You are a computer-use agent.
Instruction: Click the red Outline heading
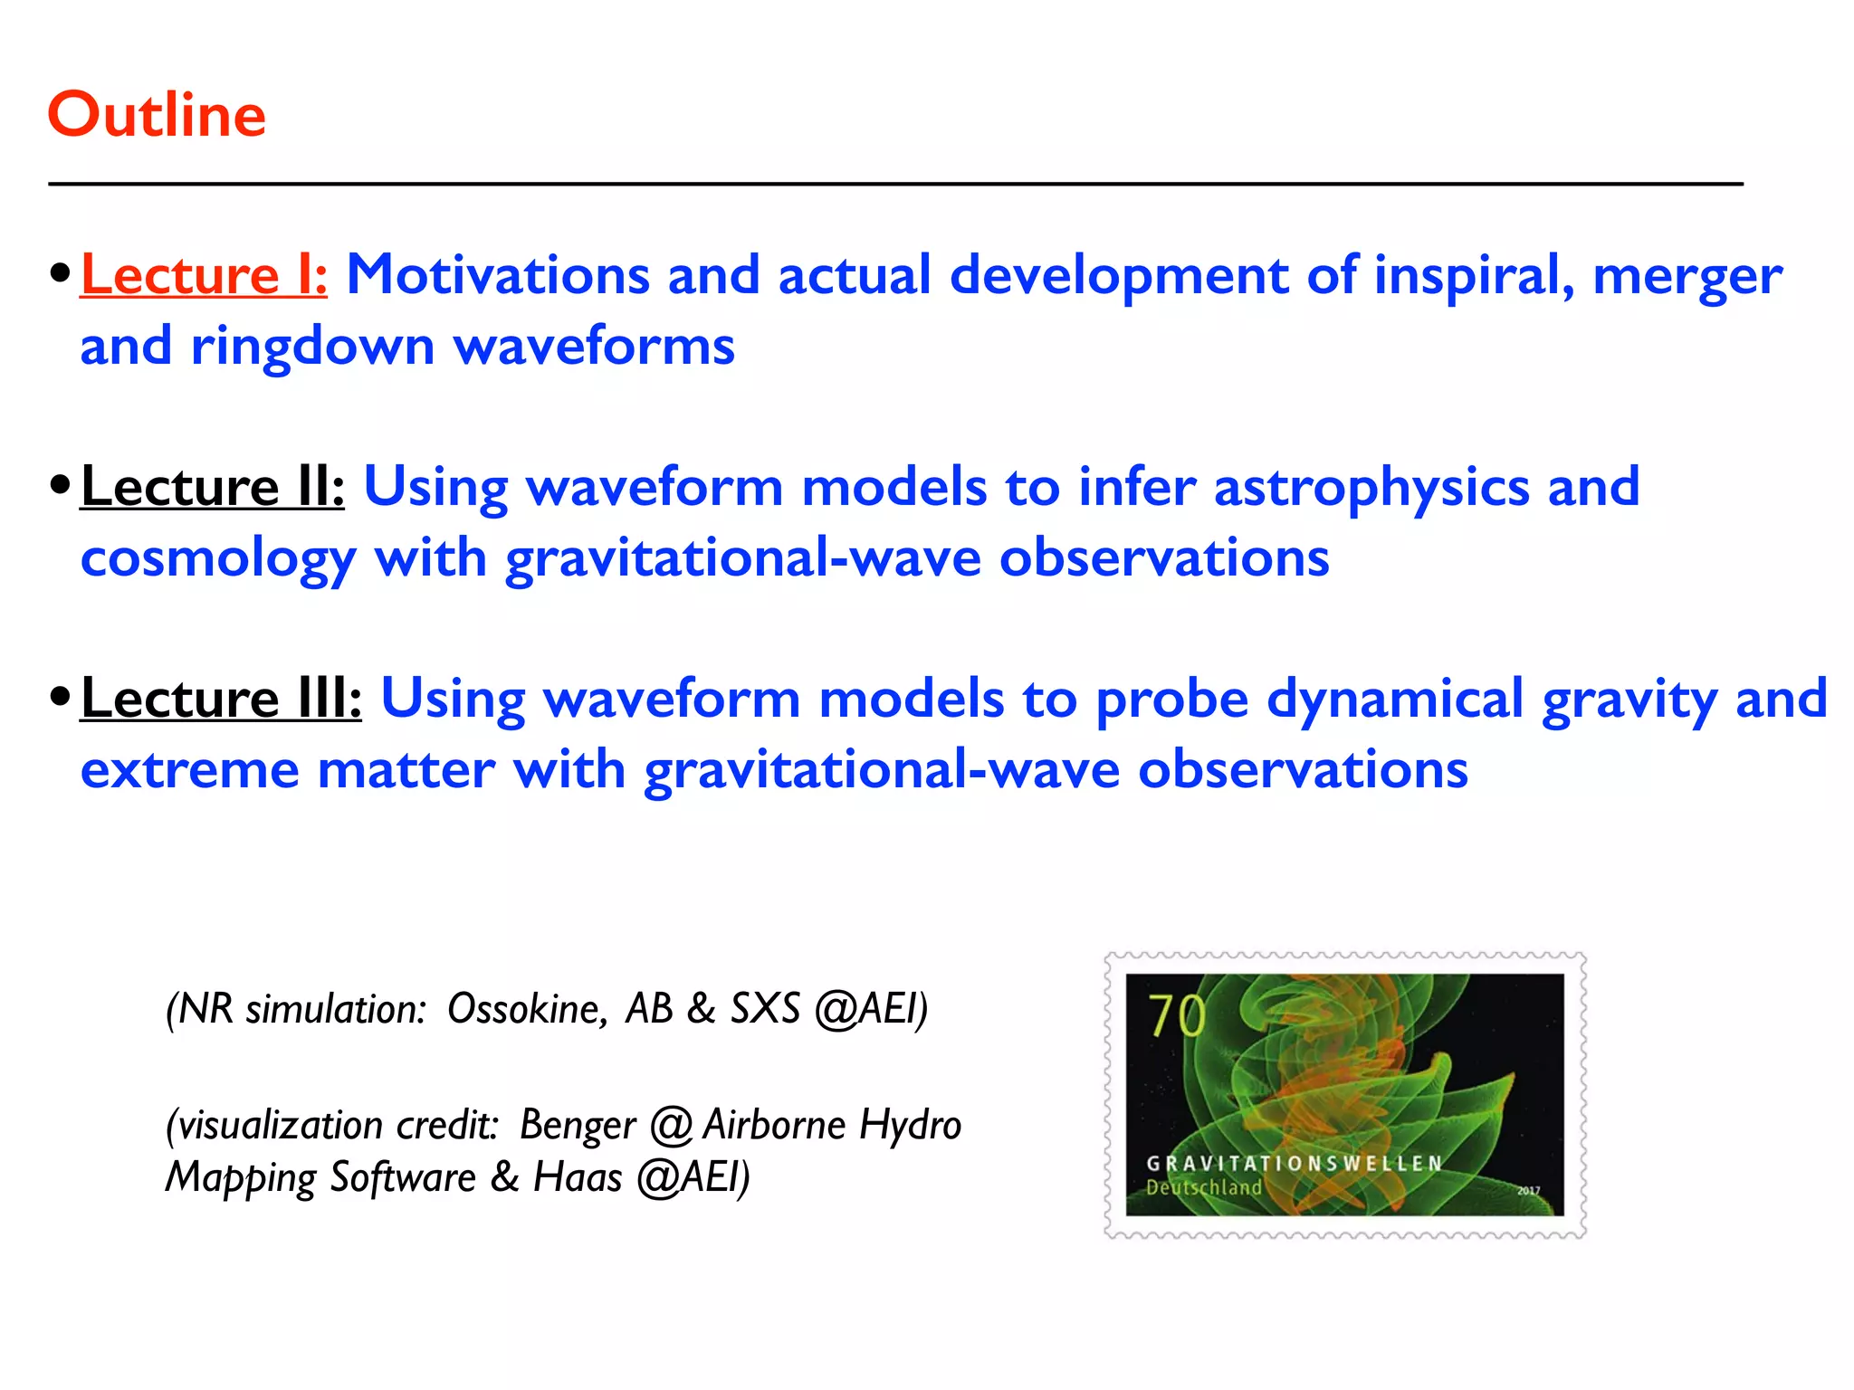[157, 115]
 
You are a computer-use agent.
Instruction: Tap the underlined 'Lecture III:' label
[221, 699]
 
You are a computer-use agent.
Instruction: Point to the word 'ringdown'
[312, 347]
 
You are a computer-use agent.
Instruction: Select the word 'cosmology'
[218, 559]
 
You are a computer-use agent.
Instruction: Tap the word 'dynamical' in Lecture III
[1395, 699]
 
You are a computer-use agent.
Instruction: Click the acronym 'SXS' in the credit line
[765, 1008]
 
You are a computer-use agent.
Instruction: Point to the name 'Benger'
[578, 1126]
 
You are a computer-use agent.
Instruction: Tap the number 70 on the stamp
[1176, 1015]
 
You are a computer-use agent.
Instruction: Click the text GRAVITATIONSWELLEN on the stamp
[1295, 1164]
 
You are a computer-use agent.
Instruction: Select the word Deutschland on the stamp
[1203, 1187]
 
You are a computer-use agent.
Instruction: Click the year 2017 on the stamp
[1528, 1191]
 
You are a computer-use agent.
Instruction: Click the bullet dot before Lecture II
[60, 485]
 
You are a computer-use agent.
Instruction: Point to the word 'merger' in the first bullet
[1687, 275]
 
